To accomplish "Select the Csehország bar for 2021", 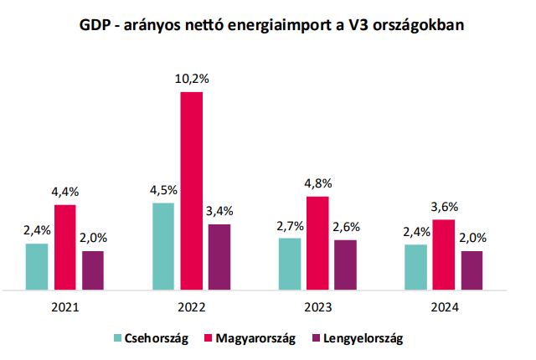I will pos(37,267).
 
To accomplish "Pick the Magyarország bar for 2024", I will pos(444,255).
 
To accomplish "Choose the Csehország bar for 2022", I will pos(163,246).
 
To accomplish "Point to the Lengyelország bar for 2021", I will pos(93,270).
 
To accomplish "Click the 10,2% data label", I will pos(192,80).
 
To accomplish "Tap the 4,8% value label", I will pos(318,184).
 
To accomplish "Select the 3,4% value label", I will pos(219,211).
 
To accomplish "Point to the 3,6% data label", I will pos(444,207).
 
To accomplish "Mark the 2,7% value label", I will pos(290,225).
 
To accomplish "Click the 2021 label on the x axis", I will pos(64,307).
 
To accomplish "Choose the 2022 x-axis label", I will pos(191,307).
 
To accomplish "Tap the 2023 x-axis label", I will pos(317,307).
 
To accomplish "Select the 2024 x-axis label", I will pos(444,307).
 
